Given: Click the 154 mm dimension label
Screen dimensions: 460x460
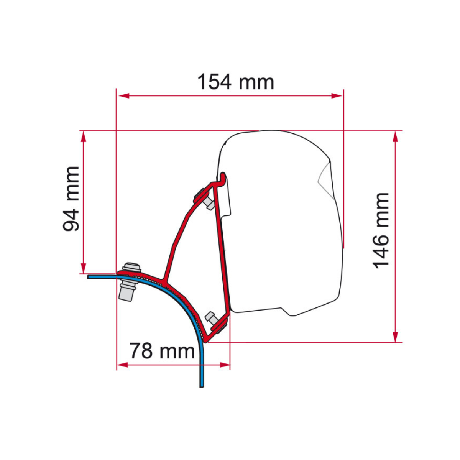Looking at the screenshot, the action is (x=235, y=82).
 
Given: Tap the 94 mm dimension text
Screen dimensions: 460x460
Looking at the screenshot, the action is (x=71, y=199).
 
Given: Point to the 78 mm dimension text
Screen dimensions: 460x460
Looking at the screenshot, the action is (x=162, y=351).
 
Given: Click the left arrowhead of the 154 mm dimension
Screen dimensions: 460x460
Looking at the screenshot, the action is (x=124, y=96).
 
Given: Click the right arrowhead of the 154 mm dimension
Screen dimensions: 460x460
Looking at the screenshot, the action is (x=337, y=96).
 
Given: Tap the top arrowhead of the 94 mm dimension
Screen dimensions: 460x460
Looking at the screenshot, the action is (x=83, y=137).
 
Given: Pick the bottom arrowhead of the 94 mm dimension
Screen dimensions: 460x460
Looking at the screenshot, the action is (x=83, y=267).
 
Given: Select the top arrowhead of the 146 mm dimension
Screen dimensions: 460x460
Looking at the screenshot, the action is (x=395, y=137).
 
